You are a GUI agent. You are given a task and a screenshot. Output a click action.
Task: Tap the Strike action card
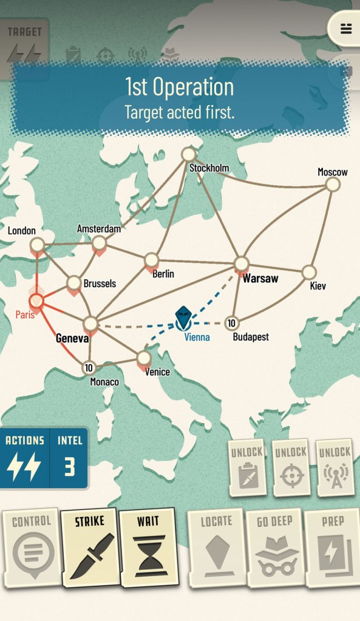(x=89, y=547)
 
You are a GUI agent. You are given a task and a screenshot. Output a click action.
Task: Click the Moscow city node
(x=333, y=185)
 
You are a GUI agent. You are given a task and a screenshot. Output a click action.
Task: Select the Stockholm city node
(x=189, y=154)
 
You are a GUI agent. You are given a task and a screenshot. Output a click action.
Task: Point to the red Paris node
(x=36, y=300)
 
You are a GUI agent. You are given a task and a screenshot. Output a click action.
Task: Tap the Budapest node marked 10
(x=231, y=322)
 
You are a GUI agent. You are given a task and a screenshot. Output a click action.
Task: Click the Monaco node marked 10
(x=89, y=367)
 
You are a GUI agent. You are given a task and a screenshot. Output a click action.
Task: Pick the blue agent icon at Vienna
(x=184, y=316)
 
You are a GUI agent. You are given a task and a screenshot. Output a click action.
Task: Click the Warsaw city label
(x=260, y=279)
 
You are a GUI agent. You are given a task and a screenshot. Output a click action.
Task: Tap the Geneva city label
(x=72, y=339)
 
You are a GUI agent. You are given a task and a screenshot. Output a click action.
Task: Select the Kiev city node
(x=309, y=272)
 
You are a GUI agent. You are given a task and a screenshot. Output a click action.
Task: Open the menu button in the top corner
(x=346, y=29)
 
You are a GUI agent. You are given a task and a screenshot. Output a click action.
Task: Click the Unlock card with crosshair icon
(x=290, y=468)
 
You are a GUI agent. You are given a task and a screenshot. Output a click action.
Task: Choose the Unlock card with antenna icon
(x=335, y=468)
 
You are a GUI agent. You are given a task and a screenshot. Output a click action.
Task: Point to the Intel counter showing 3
(x=69, y=458)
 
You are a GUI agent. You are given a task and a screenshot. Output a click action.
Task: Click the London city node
(x=38, y=245)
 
